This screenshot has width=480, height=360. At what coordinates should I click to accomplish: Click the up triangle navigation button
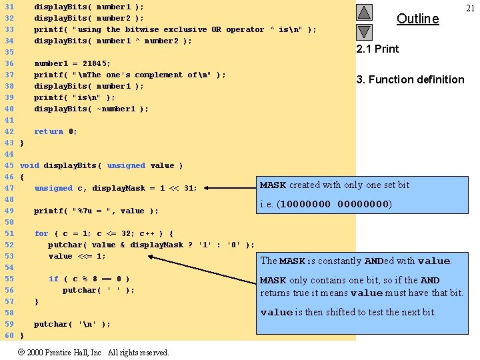[x=364, y=12]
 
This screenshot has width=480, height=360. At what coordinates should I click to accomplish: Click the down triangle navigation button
[x=364, y=31]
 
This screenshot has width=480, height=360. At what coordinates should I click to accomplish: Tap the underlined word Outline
[x=417, y=19]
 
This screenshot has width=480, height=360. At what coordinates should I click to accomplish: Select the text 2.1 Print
[x=377, y=49]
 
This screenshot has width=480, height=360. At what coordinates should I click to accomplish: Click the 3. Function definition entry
[x=410, y=79]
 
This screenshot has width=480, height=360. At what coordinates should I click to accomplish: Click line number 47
[x=9, y=188]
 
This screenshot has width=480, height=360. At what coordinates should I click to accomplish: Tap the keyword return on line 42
[x=49, y=131]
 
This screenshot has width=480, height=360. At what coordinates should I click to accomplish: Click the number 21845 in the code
[x=97, y=63]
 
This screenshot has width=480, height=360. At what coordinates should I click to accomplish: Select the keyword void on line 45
[x=29, y=165]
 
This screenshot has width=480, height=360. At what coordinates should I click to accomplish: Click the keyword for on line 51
[x=41, y=233]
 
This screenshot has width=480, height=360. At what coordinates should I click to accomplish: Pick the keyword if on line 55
[x=53, y=279]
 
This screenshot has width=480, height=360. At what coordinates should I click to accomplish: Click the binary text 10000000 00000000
[x=334, y=204]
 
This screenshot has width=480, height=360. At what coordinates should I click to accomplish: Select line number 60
[x=9, y=335]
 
